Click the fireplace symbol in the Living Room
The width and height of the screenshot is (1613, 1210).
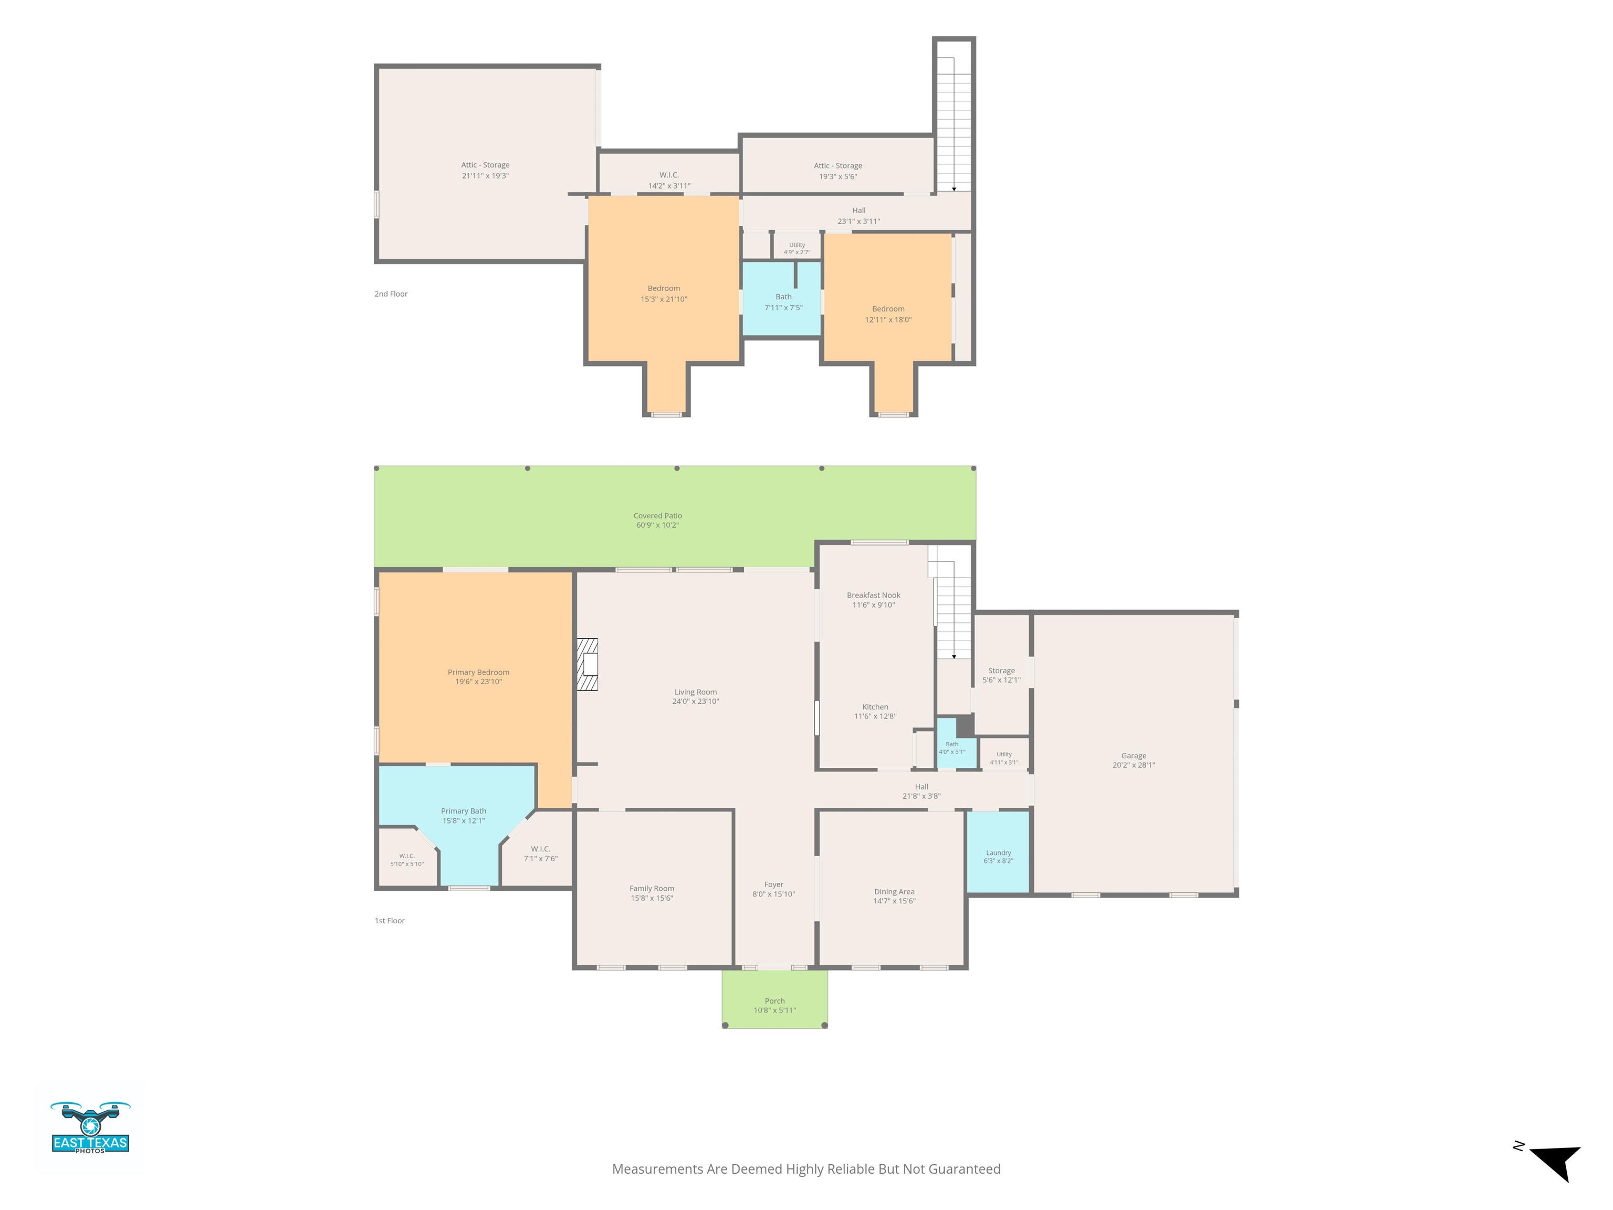(x=588, y=664)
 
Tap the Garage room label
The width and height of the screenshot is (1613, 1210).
(x=1133, y=756)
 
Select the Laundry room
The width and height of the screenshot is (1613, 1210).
(x=998, y=852)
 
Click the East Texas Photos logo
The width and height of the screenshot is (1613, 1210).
(x=90, y=1128)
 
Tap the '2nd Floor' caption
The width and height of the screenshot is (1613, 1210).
(x=391, y=294)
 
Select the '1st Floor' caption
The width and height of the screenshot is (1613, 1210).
(x=390, y=921)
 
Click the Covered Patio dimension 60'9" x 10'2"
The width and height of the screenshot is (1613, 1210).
(x=657, y=525)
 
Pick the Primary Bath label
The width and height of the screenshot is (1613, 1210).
(x=463, y=811)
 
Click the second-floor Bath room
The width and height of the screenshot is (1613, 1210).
(x=782, y=298)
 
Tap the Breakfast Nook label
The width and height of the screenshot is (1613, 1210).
(x=874, y=595)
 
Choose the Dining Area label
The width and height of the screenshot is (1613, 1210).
(x=894, y=891)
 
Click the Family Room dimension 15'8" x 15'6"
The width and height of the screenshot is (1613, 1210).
(x=651, y=898)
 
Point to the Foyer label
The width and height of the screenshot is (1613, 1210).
(x=774, y=884)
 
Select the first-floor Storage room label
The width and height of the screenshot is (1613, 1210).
(x=1001, y=670)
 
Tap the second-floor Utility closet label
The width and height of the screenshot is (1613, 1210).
(x=797, y=245)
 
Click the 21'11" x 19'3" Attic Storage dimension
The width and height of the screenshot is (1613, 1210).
(x=485, y=176)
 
